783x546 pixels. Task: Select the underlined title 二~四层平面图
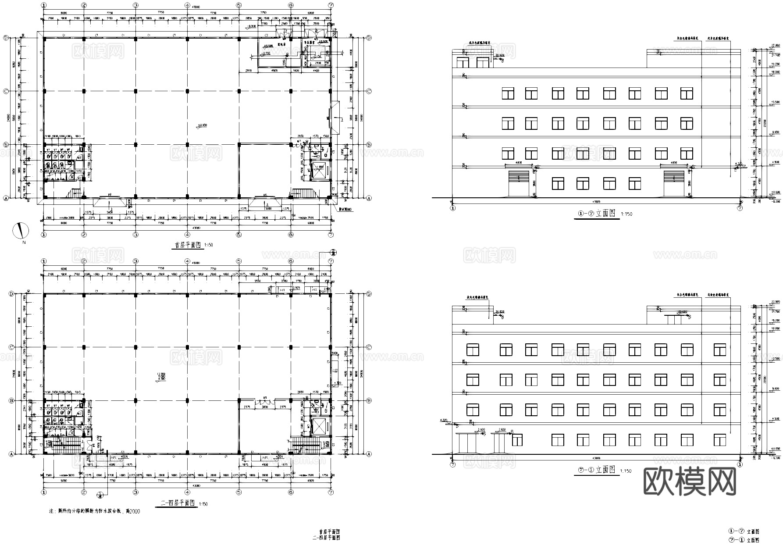click(x=177, y=503)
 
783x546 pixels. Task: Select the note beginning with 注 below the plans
click(x=95, y=511)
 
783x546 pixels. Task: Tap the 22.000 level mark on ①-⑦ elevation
click(x=775, y=46)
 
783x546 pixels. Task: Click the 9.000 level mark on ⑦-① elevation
click(x=775, y=389)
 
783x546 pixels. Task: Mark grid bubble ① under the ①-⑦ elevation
click(x=453, y=208)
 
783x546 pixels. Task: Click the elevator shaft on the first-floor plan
click(x=319, y=171)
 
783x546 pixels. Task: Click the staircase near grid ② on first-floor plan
click(x=75, y=193)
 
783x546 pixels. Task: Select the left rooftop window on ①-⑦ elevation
click(x=463, y=63)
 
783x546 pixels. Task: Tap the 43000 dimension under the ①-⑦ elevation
click(x=596, y=202)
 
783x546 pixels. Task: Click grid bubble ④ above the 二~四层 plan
click(x=187, y=261)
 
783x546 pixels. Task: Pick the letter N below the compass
click(x=24, y=242)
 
